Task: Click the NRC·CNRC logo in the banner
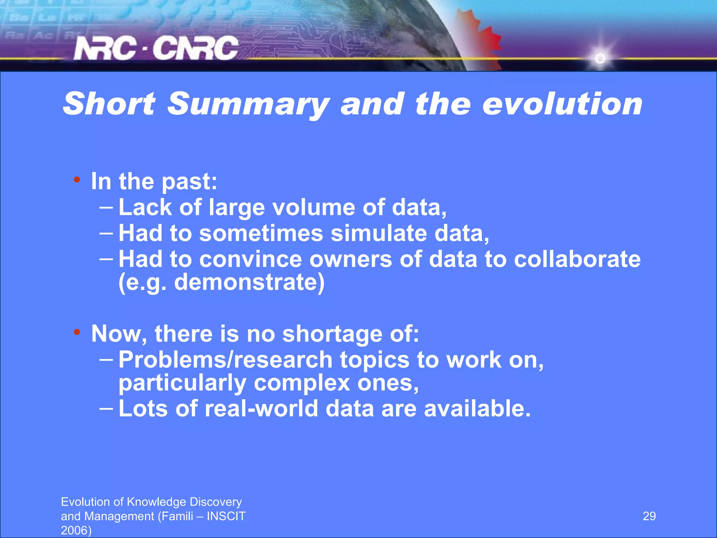[x=156, y=48]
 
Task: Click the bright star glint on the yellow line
[x=600, y=58]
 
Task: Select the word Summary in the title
[x=248, y=104]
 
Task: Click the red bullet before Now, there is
[x=77, y=332]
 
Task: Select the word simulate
[x=378, y=233]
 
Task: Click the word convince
[x=250, y=259]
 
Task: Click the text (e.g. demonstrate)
[x=221, y=282]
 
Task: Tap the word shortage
[x=332, y=334]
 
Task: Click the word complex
[x=302, y=383]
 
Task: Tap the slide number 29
[x=649, y=516]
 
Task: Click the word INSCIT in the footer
[x=226, y=516]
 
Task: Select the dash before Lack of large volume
[x=106, y=207]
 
